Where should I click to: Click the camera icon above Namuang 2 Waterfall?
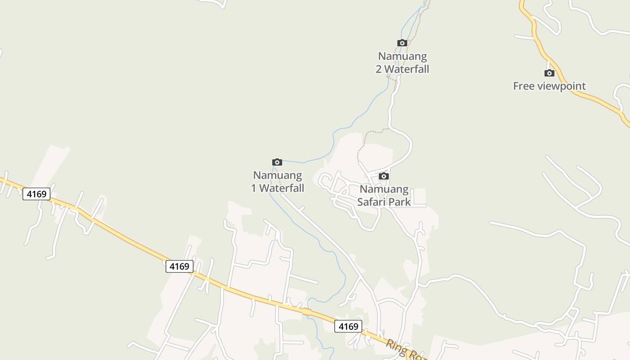click(402, 43)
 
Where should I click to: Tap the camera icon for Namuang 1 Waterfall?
click(277, 162)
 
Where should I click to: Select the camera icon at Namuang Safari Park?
click(383, 176)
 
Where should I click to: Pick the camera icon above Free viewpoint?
click(549, 73)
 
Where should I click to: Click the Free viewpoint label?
click(549, 86)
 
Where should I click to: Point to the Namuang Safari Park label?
click(384, 195)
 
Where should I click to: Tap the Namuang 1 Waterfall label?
click(277, 181)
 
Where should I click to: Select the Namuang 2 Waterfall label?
click(402, 63)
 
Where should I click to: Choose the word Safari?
click(372, 202)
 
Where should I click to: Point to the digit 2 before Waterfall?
click(379, 69)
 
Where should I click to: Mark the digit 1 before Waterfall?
click(254, 188)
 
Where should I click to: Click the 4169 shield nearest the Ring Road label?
click(348, 326)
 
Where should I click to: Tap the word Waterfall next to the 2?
click(407, 69)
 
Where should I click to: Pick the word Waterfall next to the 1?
click(282, 188)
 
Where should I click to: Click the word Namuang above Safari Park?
click(384, 189)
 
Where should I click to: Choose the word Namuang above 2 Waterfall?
click(402, 56)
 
